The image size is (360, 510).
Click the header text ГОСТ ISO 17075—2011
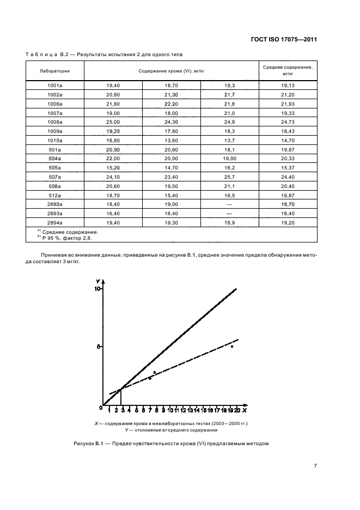point(284,39)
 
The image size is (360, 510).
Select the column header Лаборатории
point(54,70)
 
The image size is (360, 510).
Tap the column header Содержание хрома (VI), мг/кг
point(171,70)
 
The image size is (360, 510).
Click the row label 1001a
point(54,86)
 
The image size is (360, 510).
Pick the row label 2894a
point(54,223)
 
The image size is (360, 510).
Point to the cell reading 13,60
point(172,140)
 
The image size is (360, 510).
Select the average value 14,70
point(288,140)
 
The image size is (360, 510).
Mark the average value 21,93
point(288,104)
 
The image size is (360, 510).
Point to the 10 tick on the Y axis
point(99,289)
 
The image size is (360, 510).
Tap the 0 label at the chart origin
point(101,407)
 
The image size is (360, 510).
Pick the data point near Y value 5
point(232,347)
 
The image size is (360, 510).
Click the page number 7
point(315,465)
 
